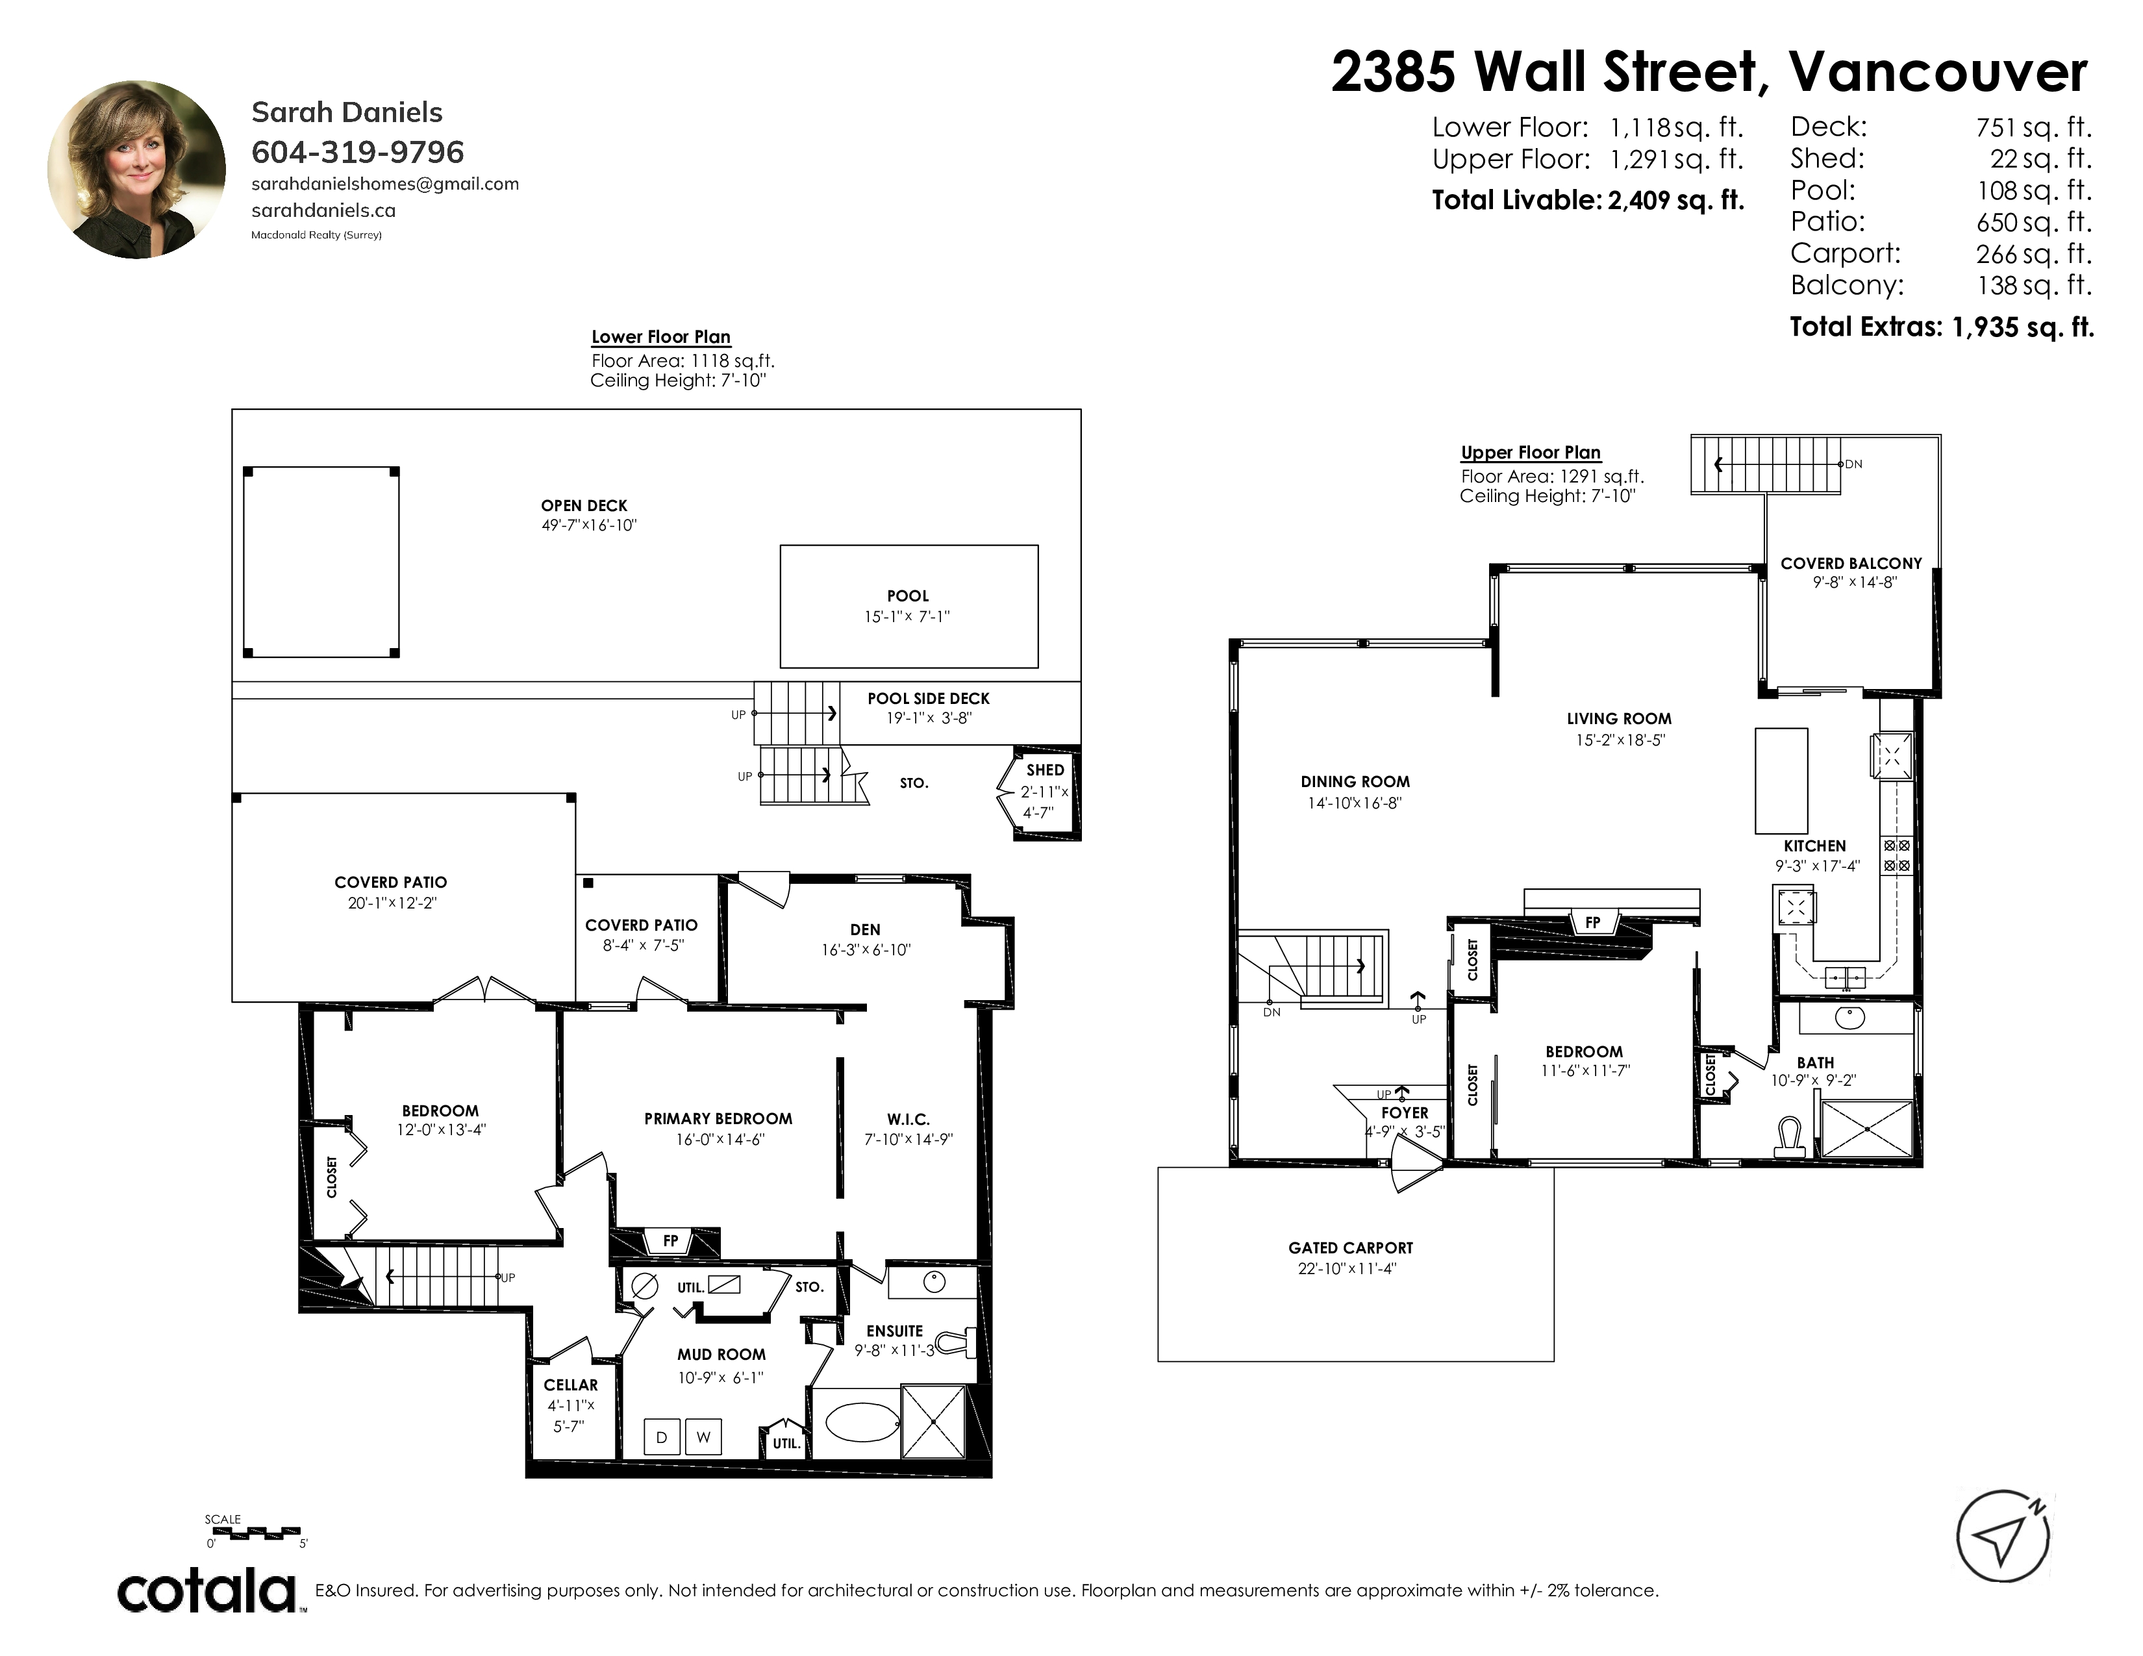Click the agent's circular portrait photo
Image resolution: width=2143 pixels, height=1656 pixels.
point(136,169)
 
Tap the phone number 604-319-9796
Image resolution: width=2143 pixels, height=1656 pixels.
point(358,152)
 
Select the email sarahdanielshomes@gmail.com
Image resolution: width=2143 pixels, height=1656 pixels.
point(386,183)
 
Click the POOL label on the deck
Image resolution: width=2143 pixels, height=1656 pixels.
point(908,596)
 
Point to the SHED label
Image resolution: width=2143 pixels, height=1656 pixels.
point(1045,770)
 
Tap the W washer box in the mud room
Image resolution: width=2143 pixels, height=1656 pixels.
point(703,1437)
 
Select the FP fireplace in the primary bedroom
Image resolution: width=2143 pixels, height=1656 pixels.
point(670,1241)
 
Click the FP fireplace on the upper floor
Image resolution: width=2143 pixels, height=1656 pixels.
point(1592,922)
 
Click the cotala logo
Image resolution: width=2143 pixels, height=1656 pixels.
point(208,1590)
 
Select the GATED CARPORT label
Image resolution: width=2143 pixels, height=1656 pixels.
point(1350,1248)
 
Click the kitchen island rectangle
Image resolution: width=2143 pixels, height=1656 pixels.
point(1781,780)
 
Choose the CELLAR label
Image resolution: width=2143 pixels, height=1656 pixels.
point(570,1385)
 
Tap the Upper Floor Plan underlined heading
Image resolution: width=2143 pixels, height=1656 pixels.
point(1531,452)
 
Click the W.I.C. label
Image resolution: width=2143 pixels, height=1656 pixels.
point(908,1120)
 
